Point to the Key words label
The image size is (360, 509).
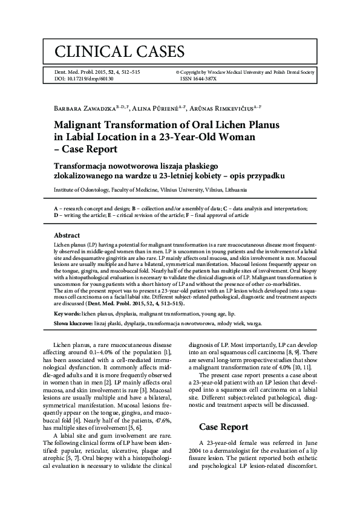69,314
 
